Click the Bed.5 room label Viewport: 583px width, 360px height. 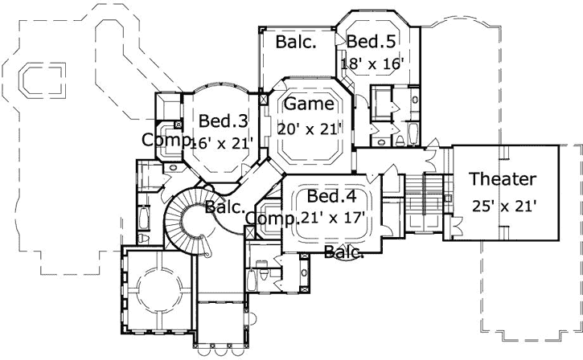click(x=374, y=40)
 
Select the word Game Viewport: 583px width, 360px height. click(x=308, y=104)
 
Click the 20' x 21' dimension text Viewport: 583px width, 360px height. click(x=310, y=128)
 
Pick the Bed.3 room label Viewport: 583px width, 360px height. click(x=223, y=121)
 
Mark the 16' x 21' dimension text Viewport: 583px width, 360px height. click(x=221, y=143)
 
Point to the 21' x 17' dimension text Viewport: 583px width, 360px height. click(x=332, y=217)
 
